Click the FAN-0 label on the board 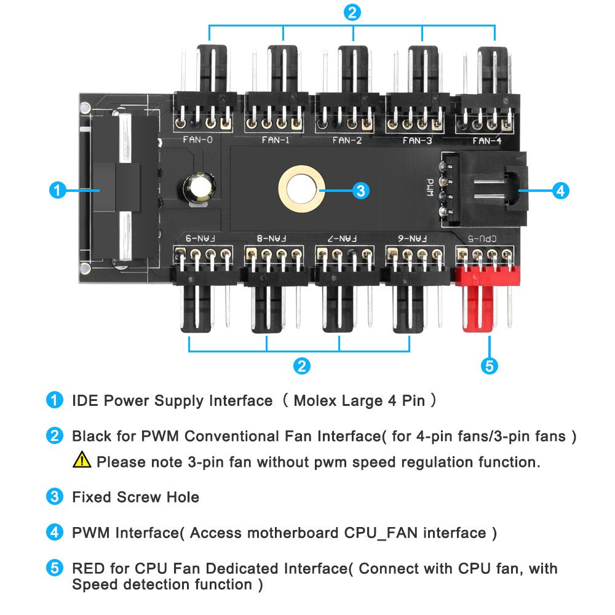198,140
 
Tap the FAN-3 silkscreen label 418,140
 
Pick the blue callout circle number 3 361,191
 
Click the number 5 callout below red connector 488,367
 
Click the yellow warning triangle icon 81,459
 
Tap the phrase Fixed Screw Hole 135,497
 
